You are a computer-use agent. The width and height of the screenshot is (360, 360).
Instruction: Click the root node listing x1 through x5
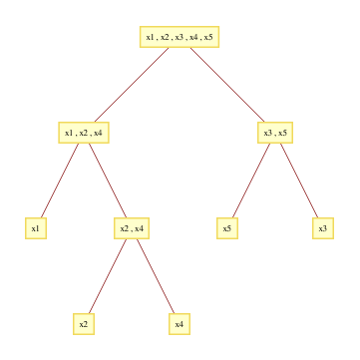point(179,37)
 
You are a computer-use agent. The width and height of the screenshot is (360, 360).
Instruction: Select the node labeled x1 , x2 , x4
point(84,133)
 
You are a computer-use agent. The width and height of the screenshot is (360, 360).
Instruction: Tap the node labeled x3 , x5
point(274,133)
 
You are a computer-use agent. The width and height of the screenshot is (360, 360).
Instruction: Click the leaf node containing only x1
point(36,228)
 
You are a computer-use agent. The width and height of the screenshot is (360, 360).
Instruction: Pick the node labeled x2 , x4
point(132,228)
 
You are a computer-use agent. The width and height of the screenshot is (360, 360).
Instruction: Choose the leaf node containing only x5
point(227,228)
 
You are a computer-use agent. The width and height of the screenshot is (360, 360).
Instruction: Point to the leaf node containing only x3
point(322,228)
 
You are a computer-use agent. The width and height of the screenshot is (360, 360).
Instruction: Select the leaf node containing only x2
point(84,324)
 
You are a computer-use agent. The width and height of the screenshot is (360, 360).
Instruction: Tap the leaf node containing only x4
point(180,324)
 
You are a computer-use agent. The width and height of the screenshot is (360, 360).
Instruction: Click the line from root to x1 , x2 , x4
point(132,85)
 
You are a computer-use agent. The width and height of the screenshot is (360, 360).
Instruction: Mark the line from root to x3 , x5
point(226,85)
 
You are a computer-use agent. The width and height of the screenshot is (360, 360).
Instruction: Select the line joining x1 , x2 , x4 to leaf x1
point(60,180)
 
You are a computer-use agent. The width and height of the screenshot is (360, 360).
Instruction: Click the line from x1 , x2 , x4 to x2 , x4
point(108,180)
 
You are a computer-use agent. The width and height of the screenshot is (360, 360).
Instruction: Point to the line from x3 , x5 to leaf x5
point(250,180)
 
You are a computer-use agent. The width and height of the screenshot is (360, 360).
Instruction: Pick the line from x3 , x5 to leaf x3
point(298,180)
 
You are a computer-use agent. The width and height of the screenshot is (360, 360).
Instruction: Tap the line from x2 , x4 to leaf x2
point(108,276)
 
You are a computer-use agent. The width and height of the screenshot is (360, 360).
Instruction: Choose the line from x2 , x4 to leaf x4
point(156,276)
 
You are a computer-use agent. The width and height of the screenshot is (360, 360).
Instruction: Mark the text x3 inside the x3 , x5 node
point(266,133)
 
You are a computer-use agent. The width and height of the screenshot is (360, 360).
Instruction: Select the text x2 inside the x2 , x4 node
point(124,228)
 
